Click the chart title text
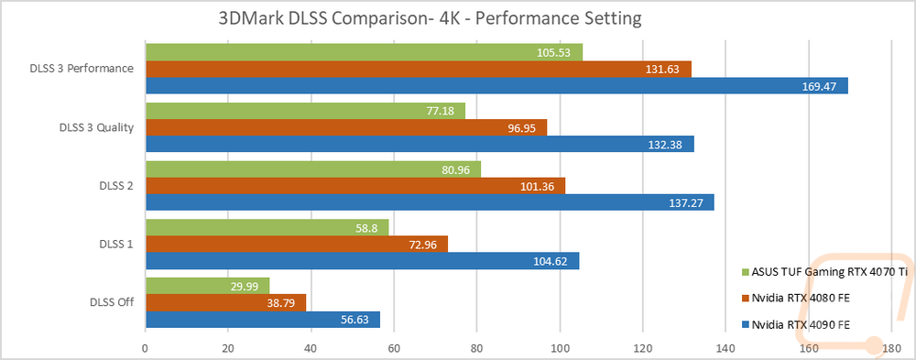coord(430,18)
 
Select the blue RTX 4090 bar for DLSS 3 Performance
coord(496,85)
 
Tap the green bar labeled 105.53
coord(364,52)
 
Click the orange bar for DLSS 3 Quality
coord(346,127)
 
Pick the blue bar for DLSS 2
coord(430,202)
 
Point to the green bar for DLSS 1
coord(267,227)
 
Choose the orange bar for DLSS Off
coord(225,302)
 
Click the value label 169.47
coord(820,86)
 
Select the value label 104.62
coord(551,261)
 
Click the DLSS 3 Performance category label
coord(82,69)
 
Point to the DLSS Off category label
coord(112,302)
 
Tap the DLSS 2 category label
coord(117,185)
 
